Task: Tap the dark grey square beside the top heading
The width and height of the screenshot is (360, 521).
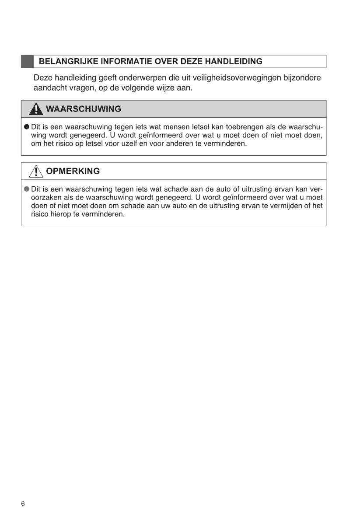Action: (x=28, y=62)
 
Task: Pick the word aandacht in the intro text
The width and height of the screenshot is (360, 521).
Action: (x=50, y=88)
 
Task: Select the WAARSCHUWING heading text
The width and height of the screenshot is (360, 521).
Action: (x=83, y=109)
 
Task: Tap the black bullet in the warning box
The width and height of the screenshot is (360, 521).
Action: (x=27, y=127)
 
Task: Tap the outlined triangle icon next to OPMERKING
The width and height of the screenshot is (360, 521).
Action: (x=36, y=171)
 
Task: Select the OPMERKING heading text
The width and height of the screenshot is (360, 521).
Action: (x=73, y=171)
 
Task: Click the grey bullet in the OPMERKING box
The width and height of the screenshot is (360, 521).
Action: (x=27, y=189)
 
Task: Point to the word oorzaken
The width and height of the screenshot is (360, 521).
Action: (x=45, y=198)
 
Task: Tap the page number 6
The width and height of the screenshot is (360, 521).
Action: (x=23, y=504)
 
